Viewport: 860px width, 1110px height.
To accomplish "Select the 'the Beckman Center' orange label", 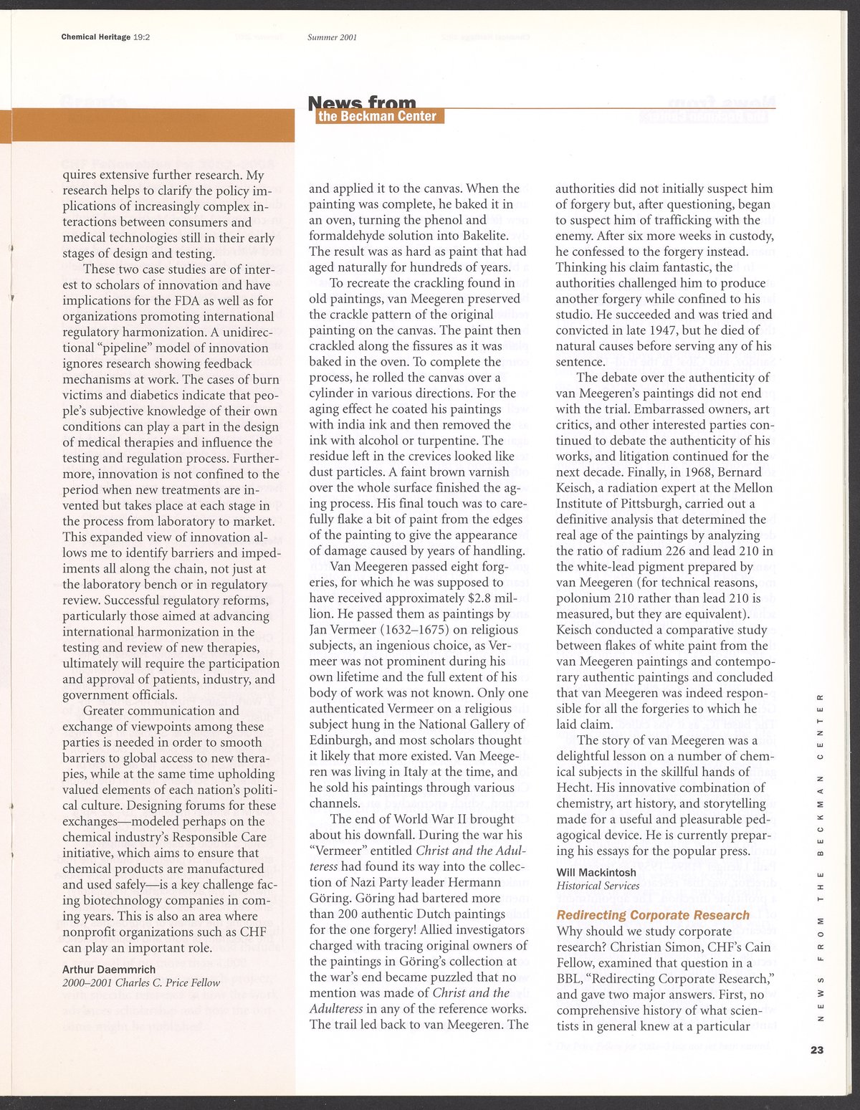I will coord(378,117).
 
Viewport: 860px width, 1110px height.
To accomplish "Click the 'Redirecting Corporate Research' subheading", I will coord(653,915).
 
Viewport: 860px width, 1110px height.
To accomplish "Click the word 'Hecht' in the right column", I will coord(574,788).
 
